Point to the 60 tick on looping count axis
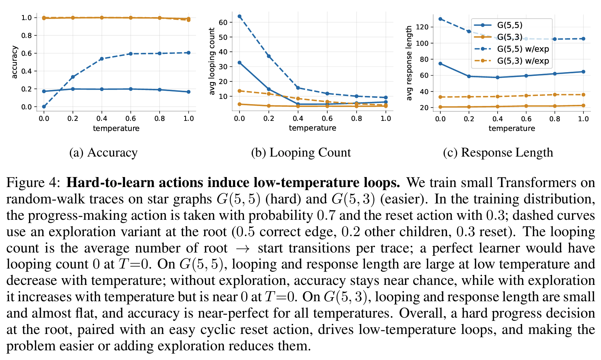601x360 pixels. tap(223, 22)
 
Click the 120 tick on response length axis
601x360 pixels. tap(423, 27)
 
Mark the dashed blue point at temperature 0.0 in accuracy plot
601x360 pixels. tap(44, 107)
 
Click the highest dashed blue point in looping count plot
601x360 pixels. tap(240, 16)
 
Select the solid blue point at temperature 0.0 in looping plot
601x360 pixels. tap(240, 62)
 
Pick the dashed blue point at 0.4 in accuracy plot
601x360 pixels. tap(102, 59)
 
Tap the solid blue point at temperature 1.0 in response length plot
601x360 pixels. tap(583, 72)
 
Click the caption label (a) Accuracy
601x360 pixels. tap(103, 152)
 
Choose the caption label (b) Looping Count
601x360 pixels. tap(301, 152)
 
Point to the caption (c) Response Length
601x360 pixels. tap(498, 152)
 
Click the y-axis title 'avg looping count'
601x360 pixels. tap(212, 61)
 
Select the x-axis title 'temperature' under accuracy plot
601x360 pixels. tap(116, 128)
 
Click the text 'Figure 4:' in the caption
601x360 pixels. tap(33, 183)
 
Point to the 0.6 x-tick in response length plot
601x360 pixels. tap(526, 119)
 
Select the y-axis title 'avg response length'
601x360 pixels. tap(409, 63)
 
